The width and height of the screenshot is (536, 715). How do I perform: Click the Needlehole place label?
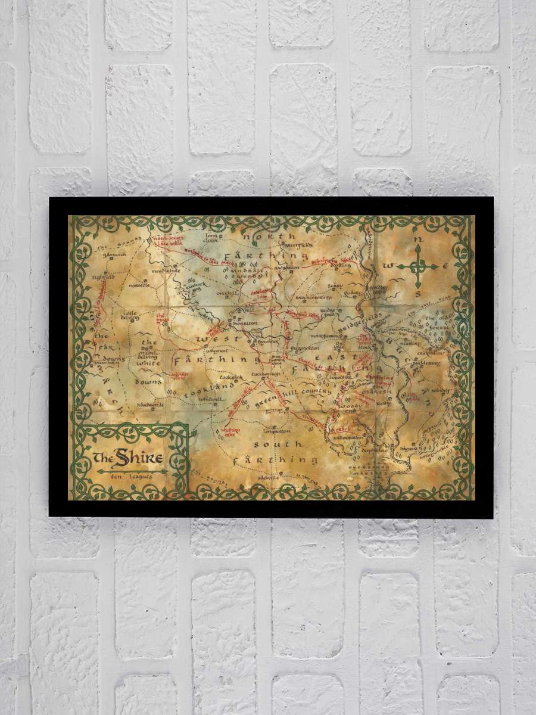click(x=166, y=270)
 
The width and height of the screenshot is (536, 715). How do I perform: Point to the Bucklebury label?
click(x=426, y=360)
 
